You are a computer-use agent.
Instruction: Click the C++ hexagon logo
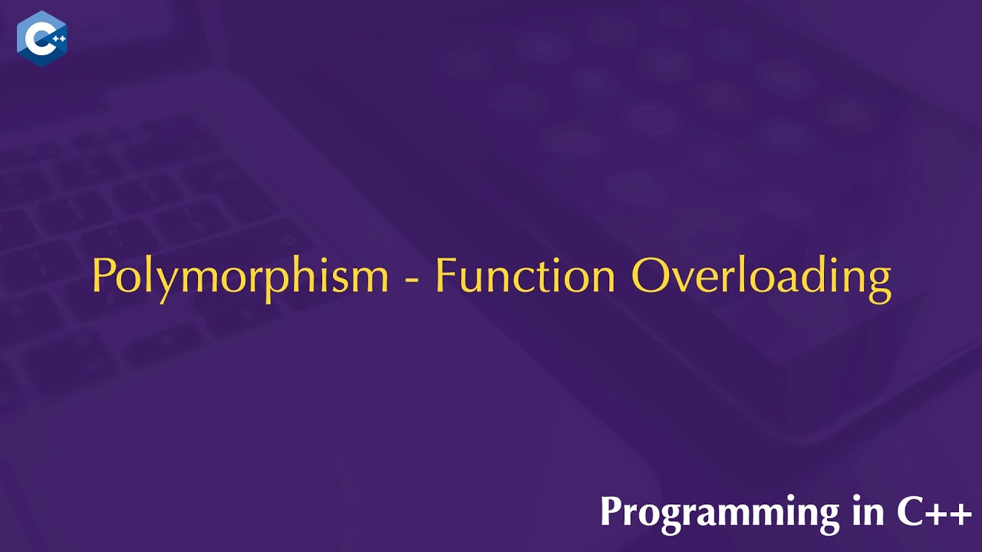click(41, 38)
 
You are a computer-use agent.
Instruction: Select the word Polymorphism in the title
click(240, 276)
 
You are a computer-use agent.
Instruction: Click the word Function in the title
click(525, 275)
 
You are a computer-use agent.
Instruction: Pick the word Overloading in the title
click(761, 276)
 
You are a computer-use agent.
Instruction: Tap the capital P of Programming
click(611, 511)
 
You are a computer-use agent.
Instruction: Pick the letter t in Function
click(542, 276)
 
